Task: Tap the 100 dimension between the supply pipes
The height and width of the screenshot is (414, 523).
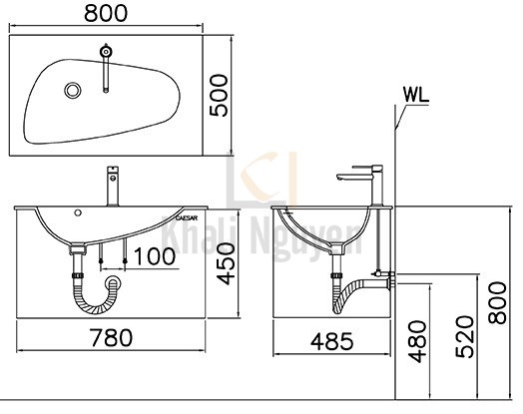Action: coord(154,257)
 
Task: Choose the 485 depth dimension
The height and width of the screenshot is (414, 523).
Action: coord(331,340)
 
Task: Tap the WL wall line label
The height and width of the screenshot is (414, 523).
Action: coord(418,95)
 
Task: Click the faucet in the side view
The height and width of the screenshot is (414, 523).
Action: coord(359,185)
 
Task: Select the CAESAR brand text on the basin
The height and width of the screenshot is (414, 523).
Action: coord(188,214)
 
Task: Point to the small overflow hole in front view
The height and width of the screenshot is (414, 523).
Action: coord(78,213)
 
